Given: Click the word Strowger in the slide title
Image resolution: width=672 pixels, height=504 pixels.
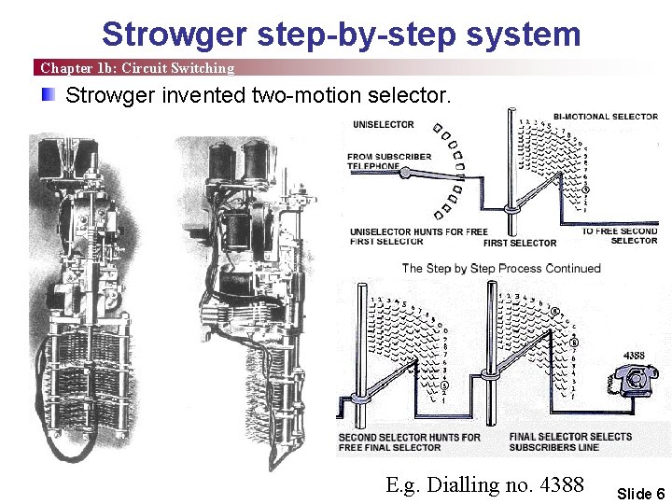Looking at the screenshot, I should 174,34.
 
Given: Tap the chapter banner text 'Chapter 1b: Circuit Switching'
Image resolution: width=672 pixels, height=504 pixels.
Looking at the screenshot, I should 137,68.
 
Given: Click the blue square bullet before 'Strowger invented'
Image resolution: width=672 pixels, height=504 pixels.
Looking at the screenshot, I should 49,94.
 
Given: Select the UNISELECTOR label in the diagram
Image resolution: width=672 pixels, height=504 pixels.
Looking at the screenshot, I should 384,125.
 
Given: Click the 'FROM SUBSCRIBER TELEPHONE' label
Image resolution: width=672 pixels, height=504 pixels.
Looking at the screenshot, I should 389,161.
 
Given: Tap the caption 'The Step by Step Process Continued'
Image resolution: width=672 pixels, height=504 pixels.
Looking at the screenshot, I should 501,268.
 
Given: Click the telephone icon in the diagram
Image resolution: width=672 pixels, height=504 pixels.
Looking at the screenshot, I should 633,380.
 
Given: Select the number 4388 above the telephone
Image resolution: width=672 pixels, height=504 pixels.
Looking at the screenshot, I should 634,356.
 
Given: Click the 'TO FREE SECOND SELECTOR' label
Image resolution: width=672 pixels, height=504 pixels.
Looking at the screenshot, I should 620,236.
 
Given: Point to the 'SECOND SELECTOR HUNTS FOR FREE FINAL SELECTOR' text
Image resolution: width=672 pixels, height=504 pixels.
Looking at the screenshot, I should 409,441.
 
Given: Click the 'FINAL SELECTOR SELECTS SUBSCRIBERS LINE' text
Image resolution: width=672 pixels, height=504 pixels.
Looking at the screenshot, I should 570,441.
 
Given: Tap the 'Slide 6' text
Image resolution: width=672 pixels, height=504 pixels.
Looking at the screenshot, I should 641,494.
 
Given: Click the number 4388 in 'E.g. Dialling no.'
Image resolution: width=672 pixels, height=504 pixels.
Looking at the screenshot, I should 561,484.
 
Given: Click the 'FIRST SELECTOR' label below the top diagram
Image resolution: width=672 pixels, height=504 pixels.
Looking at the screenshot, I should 520,244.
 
